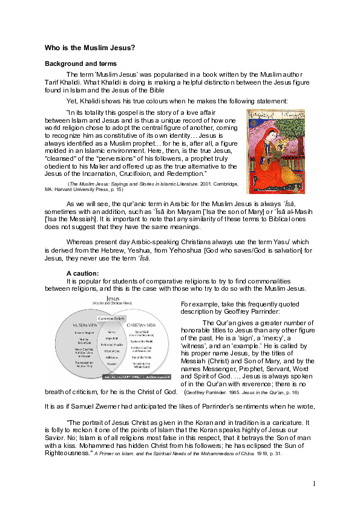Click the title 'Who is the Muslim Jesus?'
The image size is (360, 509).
(x=90, y=48)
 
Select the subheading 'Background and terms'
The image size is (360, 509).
(x=81, y=63)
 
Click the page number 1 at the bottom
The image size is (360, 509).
(x=315, y=484)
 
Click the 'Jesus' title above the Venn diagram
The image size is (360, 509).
(x=113, y=298)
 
